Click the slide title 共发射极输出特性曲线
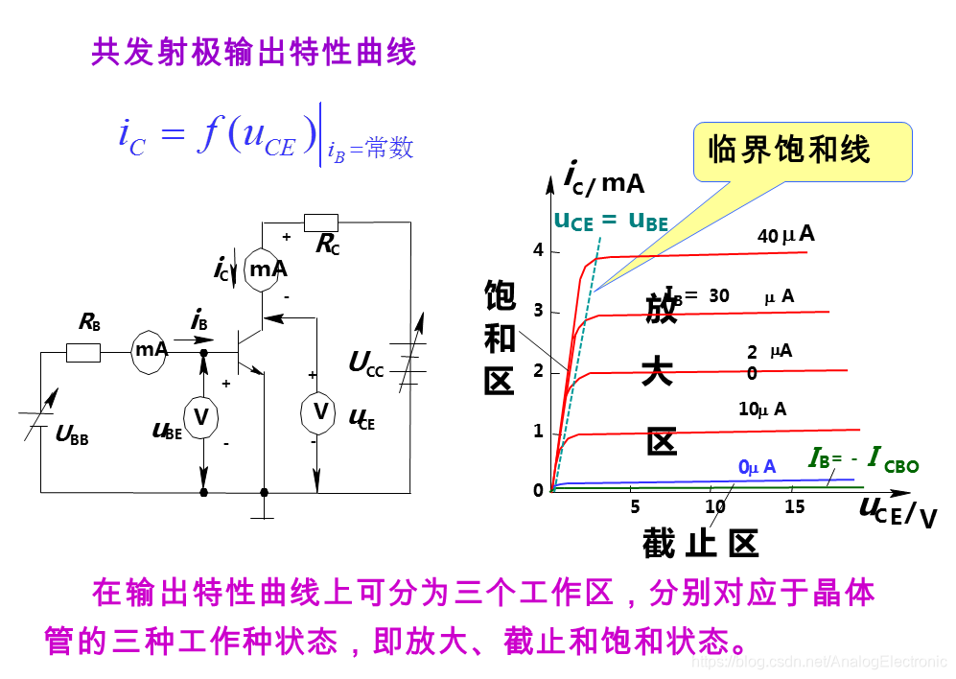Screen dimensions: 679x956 (x=254, y=52)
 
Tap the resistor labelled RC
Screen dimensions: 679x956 (x=320, y=222)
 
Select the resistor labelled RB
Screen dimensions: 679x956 (x=83, y=353)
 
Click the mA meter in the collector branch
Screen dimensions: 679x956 (x=268, y=269)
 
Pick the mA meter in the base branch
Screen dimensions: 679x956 (x=151, y=350)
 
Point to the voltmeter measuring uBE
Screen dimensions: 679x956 (x=201, y=416)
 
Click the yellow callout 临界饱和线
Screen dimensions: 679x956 (x=789, y=151)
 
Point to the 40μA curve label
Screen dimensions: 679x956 (x=785, y=235)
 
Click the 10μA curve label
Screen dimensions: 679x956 (x=762, y=410)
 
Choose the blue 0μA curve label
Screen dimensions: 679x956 (x=757, y=467)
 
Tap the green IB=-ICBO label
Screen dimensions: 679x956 (x=863, y=461)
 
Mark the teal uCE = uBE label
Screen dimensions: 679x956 (x=611, y=221)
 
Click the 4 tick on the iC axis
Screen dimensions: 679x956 (x=539, y=250)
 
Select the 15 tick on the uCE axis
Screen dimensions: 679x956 (x=795, y=507)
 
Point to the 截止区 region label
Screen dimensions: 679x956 (x=700, y=544)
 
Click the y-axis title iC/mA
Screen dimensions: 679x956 (x=603, y=178)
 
